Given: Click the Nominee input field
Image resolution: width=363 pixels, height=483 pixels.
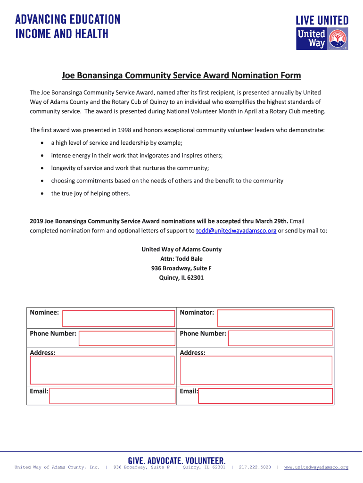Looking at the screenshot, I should tap(118, 318).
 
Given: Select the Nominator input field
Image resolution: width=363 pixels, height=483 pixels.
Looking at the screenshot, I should tap(274, 318).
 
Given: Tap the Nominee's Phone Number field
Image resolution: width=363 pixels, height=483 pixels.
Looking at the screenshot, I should tap(127, 338).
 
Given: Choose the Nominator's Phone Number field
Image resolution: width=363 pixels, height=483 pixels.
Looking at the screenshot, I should tap(280, 338).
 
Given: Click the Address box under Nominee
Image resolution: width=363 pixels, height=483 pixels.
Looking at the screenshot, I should tap(102, 370).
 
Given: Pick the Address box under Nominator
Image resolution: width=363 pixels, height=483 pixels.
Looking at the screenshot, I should tap(256, 370).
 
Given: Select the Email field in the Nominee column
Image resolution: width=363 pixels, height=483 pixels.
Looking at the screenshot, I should tap(112, 396).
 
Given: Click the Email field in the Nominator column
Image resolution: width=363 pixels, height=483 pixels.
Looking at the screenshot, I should tap(265, 396).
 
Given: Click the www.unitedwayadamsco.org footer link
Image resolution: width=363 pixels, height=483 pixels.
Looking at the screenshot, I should tap(316, 467).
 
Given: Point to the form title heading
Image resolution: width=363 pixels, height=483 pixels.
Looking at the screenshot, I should tap(181, 75).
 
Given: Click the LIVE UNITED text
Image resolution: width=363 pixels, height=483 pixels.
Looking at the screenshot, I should tap(322, 20).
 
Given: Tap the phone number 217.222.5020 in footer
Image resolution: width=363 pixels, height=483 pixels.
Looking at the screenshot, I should tap(255, 467).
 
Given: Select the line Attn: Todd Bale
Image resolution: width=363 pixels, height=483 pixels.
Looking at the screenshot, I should tap(181, 258).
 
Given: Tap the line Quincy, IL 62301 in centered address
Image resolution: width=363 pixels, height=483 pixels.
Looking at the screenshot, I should tap(181, 278).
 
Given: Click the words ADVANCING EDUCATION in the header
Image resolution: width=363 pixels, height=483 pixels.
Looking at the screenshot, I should tap(68, 20).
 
